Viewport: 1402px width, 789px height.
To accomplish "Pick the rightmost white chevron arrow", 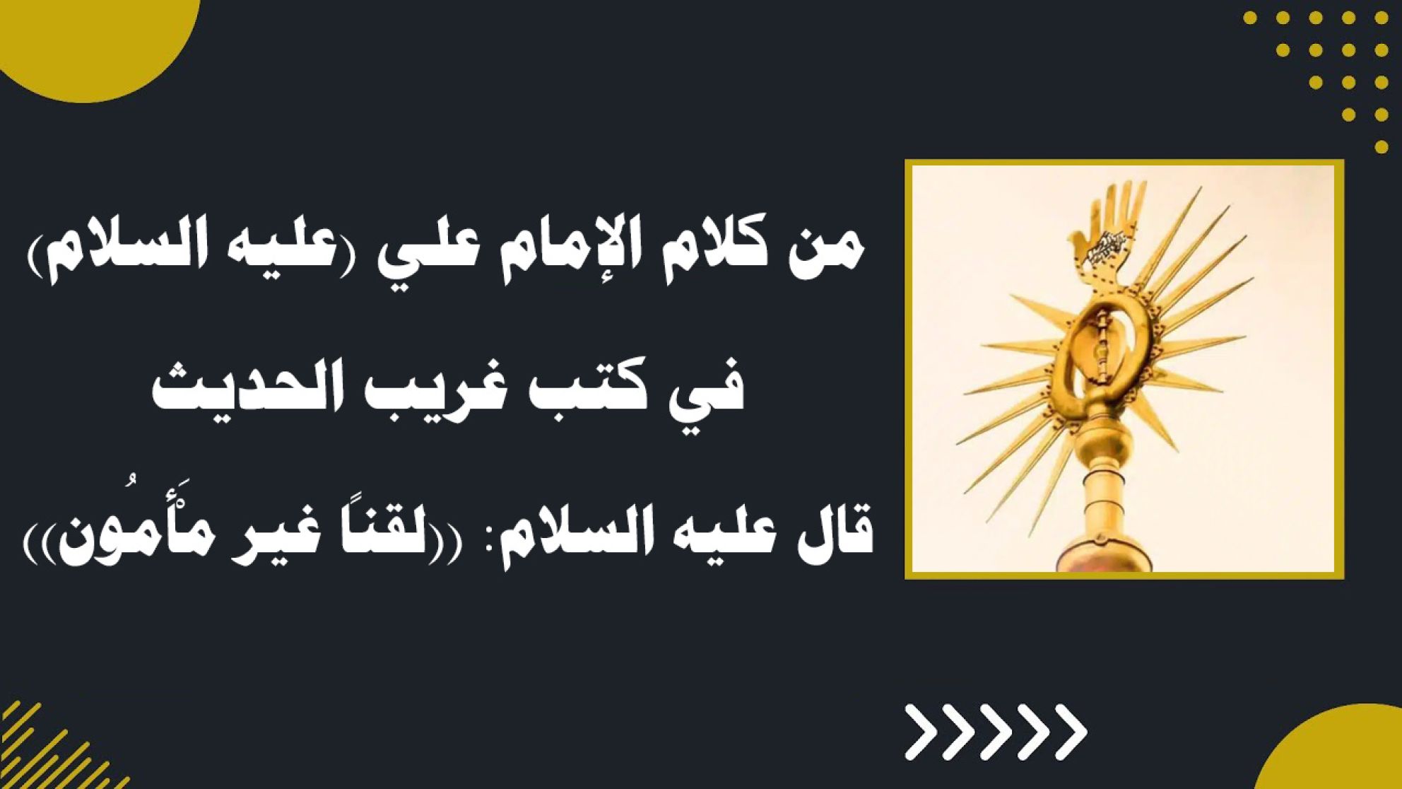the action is [1067, 732].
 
